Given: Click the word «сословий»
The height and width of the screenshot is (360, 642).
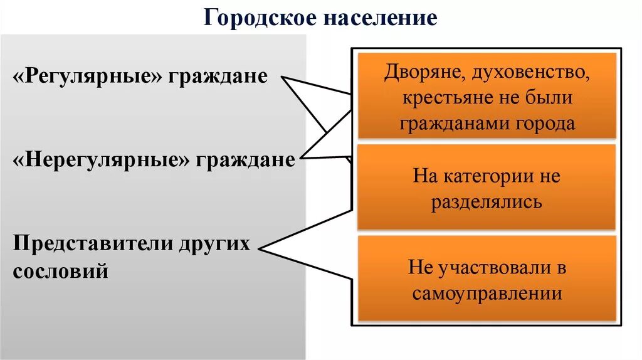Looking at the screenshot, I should (60, 271).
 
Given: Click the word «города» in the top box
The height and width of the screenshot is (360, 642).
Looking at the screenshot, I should (545, 123).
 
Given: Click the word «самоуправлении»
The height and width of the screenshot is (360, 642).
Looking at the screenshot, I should (487, 293).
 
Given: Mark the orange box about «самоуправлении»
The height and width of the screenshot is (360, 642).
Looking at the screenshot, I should (486, 278).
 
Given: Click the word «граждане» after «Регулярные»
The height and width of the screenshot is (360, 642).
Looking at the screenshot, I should (223, 77).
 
